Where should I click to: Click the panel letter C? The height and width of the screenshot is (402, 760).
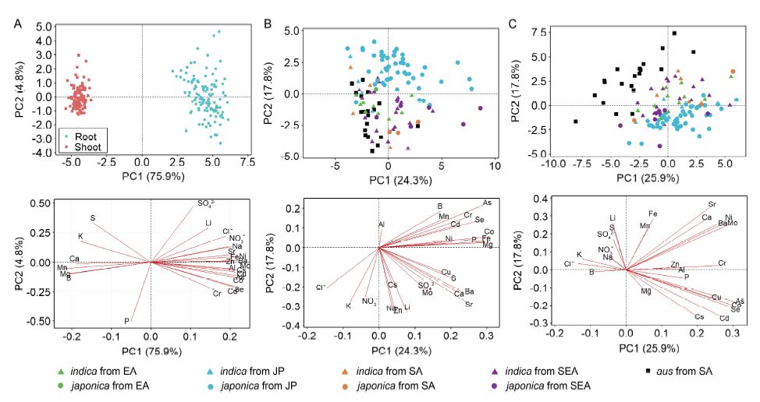pyautogui.click(x=513, y=23)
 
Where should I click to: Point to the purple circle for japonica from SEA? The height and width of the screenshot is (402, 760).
pyautogui.click(x=496, y=385)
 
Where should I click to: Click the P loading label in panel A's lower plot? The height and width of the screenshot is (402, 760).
pyautogui.click(x=126, y=321)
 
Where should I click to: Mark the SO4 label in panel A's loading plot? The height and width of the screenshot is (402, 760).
pyautogui.click(x=205, y=204)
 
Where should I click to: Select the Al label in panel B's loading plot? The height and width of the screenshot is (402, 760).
pyautogui.click(x=382, y=224)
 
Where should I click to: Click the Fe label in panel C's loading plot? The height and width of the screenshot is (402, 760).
pyautogui.click(x=653, y=213)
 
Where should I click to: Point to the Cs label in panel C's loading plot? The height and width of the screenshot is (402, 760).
pyautogui.click(x=699, y=317)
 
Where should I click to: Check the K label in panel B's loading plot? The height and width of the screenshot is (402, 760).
pyautogui.click(x=348, y=306)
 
